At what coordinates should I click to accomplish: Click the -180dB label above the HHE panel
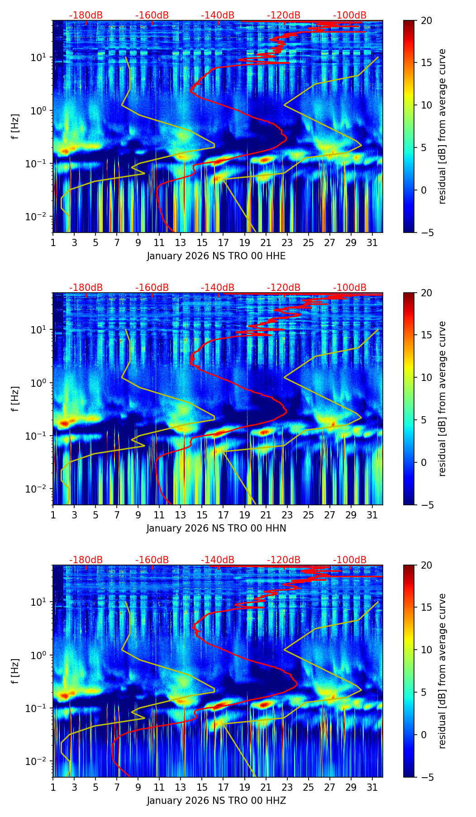[x=86, y=15]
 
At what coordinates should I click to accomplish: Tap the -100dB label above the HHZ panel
[x=350, y=560]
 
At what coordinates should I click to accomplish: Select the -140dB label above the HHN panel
[x=218, y=288]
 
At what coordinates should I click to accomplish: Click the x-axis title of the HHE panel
[x=216, y=256]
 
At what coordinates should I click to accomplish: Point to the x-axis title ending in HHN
[x=216, y=528]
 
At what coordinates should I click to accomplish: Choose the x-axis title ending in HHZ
[x=216, y=801]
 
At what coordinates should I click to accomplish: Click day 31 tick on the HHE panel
[x=372, y=243]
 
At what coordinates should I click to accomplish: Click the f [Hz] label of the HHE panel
[x=16, y=127]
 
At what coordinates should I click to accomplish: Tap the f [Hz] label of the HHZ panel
[x=16, y=671]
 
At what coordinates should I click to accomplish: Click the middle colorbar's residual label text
[x=443, y=399]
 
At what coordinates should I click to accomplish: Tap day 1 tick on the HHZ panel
[x=53, y=788]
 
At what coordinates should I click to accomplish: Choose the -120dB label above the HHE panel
[x=284, y=15]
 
